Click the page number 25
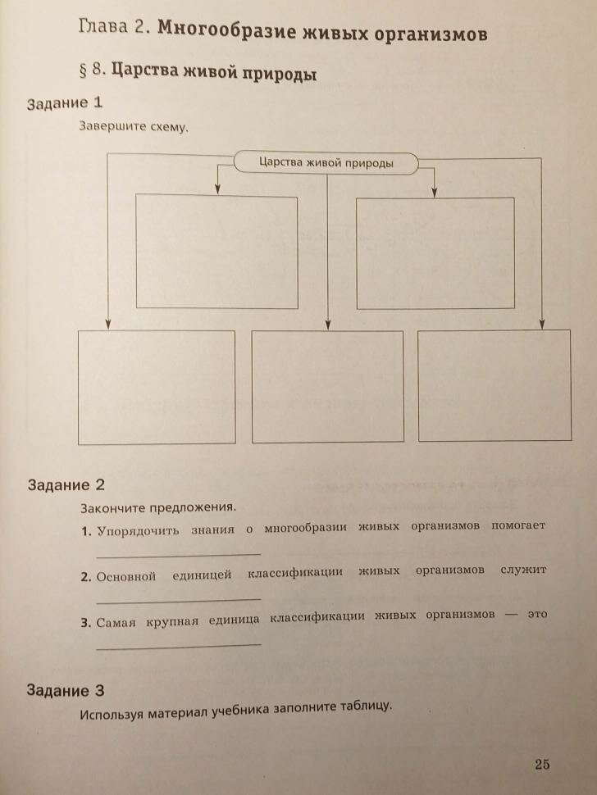click(x=542, y=765)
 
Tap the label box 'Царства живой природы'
click(x=326, y=162)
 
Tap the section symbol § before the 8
click(x=84, y=70)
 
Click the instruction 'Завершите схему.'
click(x=134, y=127)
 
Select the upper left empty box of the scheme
click(x=216, y=252)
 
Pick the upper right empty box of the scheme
click(x=435, y=252)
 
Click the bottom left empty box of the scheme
click(x=157, y=387)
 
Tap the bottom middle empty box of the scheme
click(x=327, y=386)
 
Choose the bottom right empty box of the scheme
click(x=494, y=384)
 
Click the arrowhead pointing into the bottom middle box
click(x=327, y=325)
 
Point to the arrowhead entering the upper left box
click(x=217, y=189)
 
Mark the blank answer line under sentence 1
click(x=178, y=556)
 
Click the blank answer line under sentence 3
click(x=178, y=646)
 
